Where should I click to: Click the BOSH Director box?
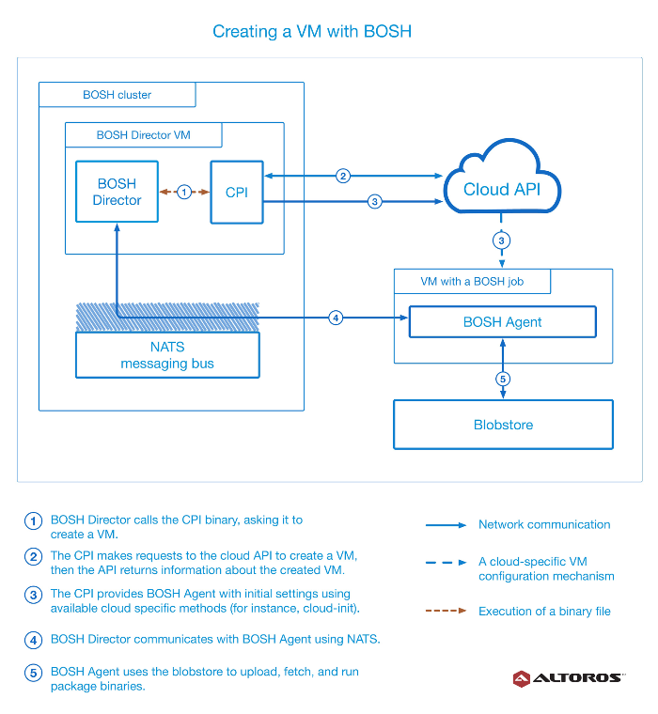tap(117, 192)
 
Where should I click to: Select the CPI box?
tap(237, 193)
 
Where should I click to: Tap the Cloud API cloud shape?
tap(502, 177)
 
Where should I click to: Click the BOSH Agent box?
tap(503, 322)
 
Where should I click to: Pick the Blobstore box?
tap(503, 425)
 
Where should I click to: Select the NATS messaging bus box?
tap(167, 355)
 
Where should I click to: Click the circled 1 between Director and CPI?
tap(184, 193)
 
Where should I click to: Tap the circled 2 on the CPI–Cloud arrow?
tap(343, 176)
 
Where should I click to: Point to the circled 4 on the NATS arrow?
tap(336, 318)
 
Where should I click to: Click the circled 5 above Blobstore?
tap(503, 379)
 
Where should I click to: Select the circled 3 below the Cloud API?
tap(501, 241)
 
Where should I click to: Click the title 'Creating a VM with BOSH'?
tap(312, 31)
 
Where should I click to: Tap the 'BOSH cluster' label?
tap(117, 95)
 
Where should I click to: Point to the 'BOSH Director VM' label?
tap(144, 135)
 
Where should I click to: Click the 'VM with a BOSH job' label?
tap(472, 282)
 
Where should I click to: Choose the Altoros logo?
tap(569, 678)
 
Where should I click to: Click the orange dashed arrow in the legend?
tap(446, 611)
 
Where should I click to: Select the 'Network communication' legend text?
tap(544, 524)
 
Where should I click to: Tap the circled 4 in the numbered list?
tap(33, 640)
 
